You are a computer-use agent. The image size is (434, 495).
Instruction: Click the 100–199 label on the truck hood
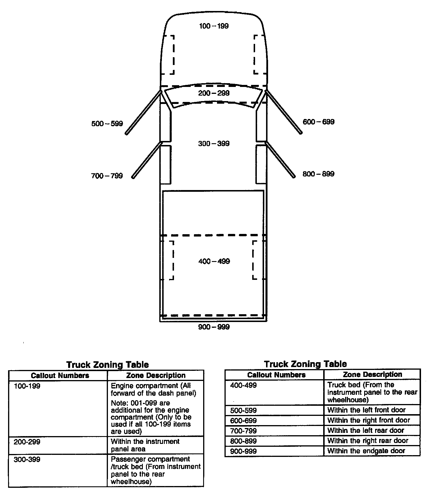pos(214,26)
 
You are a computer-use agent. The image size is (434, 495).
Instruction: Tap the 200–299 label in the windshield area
pos(214,93)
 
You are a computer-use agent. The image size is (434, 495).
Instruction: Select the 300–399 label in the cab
pos(214,144)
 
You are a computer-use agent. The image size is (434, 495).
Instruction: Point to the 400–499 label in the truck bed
pos(214,261)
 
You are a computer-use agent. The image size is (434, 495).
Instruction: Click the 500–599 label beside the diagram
pos(107,124)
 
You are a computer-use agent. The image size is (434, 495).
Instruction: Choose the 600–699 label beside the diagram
pos(319,122)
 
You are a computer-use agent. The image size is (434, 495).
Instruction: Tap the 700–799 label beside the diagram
pos(107,176)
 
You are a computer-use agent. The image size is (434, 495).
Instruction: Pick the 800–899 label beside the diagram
pos(319,174)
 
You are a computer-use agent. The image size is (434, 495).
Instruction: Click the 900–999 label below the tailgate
pos(214,327)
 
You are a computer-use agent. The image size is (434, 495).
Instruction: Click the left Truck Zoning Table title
pos(107,365)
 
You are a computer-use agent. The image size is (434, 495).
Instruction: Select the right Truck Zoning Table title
pos(305,364)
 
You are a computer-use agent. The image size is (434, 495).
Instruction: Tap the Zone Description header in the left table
pos(156,375)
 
